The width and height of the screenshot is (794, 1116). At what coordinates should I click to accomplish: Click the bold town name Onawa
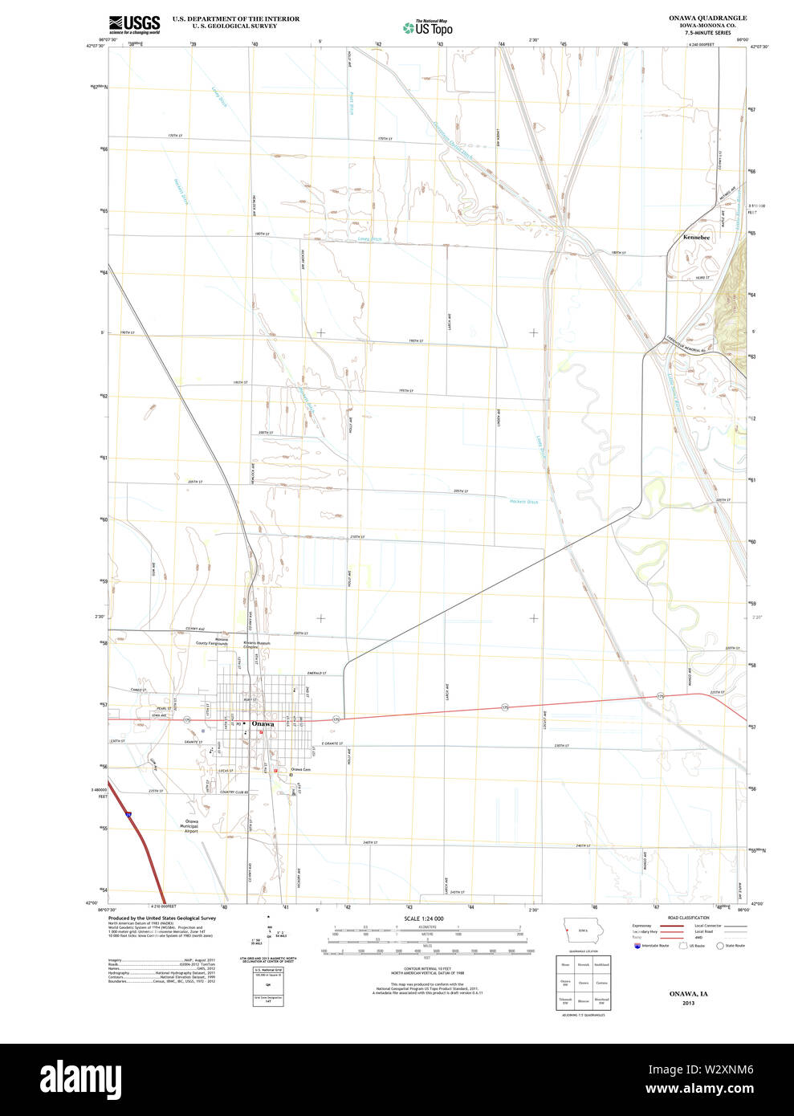(x=263, y=724)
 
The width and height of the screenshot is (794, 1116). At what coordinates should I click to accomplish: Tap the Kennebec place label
(x=696, y=238)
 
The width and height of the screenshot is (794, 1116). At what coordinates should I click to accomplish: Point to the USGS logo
(x=134, y=24)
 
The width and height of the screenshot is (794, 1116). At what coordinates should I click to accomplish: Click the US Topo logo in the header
(x=428, y=28)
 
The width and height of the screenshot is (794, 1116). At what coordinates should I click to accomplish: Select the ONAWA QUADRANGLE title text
(x=707, y=18)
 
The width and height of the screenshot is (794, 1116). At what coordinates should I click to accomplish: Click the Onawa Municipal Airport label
(x=191, y=825)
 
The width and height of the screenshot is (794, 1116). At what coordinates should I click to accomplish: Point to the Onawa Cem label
(x=300, y=769)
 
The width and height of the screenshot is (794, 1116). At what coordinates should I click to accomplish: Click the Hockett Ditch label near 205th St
(x=523, y=502)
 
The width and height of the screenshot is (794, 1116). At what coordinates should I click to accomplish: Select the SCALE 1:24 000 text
(x=424, y=918)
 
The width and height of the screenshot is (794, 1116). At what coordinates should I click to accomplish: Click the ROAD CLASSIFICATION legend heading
(x=688, y=918)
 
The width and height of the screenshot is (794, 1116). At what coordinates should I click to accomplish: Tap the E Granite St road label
(x=331, y=744)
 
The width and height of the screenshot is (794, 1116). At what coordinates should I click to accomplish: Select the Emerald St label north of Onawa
(x=316, y=673)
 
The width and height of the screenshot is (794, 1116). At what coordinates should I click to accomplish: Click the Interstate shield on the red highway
(x=128, y=814)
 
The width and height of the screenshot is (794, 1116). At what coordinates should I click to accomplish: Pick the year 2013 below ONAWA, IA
(x=688, y=1004)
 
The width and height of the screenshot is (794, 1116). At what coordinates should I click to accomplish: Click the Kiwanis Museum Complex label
(x=258, y=645)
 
